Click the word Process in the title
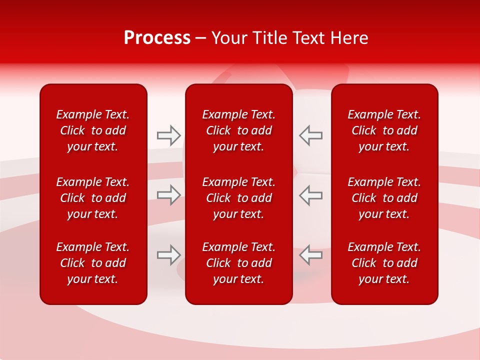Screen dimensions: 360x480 [x=157, y=38]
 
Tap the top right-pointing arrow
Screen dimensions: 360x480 [x=168, y=135]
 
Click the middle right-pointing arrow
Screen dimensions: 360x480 [x=168, y=195]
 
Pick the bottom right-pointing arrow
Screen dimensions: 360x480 [x=168, y=255]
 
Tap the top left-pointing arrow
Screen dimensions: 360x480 [x=310, y=135]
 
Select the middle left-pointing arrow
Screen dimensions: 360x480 [x=310, y=195]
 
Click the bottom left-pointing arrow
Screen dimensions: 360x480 [x=310, y=255]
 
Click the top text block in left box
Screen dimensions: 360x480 [x=93, y=130]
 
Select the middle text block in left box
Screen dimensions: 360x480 [x=93, y=198]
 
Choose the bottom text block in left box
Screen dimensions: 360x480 [x=93, y=263]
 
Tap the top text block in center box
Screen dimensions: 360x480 [x=239, y=130]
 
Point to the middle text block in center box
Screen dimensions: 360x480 [x=239, y=198]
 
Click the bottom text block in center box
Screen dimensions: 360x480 [x=239, y=263]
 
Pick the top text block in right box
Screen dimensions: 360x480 [x=384, y=130]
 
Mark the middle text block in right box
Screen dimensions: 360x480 [x=384, y=198]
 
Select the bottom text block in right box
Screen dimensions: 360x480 [x=384, y=263]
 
